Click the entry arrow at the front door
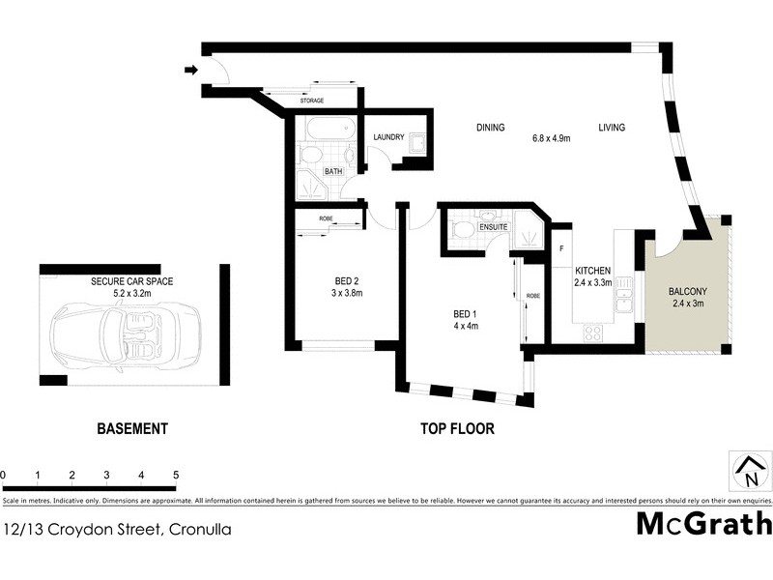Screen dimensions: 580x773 coord(191,70)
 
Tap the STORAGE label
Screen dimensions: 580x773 coord(311,101)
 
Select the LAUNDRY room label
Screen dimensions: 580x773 coord(388,138)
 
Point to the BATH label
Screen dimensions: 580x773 coord(333,171)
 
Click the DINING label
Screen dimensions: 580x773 coord(490,128)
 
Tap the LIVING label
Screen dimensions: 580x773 coord(611,128)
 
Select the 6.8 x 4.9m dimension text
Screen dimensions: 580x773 coord(551,138)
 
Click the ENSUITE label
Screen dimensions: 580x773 coord(480,226)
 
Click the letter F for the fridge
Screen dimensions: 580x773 coord(560,249)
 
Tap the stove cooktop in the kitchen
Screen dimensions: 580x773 coord(591,333)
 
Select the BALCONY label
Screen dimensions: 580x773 coord(688,291)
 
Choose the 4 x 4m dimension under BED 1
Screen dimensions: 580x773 coord(467,326)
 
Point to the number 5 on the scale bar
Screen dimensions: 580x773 coord(176,476)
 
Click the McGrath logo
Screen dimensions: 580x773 coord(704,525)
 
